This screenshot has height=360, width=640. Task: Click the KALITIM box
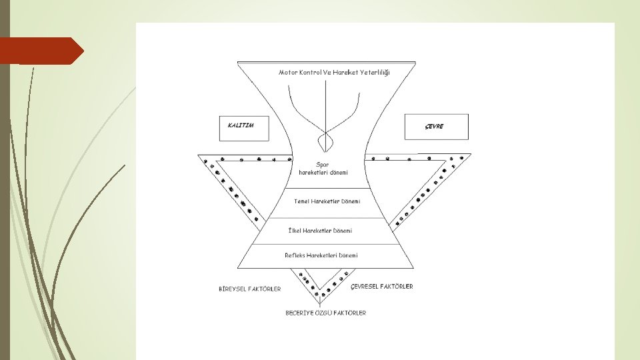click(244, 127)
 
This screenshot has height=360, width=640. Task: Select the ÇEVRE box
click(436, 127)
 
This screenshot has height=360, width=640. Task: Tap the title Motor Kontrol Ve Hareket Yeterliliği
click(334, 72)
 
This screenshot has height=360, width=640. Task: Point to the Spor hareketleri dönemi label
click(323, 168)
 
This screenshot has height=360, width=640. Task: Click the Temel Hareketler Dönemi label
click(327, 201)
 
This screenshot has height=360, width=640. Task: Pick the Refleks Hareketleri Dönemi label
click(321, 255)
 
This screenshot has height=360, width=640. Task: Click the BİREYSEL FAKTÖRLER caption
click(250, 289)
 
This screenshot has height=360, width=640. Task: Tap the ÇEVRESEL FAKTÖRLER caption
click(382, 287)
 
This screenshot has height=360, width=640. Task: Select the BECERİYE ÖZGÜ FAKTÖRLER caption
click(325, 313)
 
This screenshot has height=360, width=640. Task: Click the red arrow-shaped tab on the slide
click(41, 51)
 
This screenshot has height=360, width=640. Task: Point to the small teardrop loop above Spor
click(325, 141)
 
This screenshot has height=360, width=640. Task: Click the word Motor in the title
click(289, 72)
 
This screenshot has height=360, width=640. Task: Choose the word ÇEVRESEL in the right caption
click(365, 287)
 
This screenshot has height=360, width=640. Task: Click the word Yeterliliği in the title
click(375, 72)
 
